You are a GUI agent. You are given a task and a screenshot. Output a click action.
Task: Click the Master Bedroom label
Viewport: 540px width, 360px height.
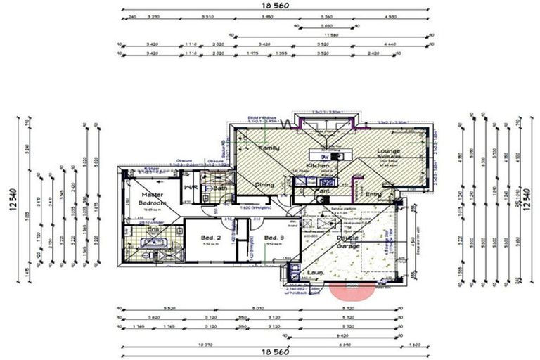click(x=152, y=199)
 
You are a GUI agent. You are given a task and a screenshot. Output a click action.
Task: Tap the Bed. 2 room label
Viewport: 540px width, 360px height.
click(x=208, y=238)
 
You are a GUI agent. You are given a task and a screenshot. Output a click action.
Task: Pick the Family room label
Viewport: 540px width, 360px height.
click(x=269, y=148)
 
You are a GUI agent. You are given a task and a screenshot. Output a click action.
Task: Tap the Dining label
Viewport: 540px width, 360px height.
click(x=264, y=184)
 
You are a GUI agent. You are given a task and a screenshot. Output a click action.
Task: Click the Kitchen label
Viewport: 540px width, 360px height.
click(x=317, y=166)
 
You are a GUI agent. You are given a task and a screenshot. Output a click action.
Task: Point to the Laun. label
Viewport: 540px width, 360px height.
click(x=314, y=272)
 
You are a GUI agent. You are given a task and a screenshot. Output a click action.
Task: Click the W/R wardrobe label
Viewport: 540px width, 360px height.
click(x=190, y=188)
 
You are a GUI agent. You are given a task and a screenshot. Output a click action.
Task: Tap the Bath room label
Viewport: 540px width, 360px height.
click(x=219, y=188)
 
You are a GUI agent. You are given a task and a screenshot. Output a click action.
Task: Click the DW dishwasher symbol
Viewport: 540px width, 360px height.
click(x=324, y=156)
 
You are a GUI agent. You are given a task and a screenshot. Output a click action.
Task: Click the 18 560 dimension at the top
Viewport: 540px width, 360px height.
click(x=275, y=5)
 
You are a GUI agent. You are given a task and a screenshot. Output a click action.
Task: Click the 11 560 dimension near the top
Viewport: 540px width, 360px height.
click(x=330, y=34)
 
